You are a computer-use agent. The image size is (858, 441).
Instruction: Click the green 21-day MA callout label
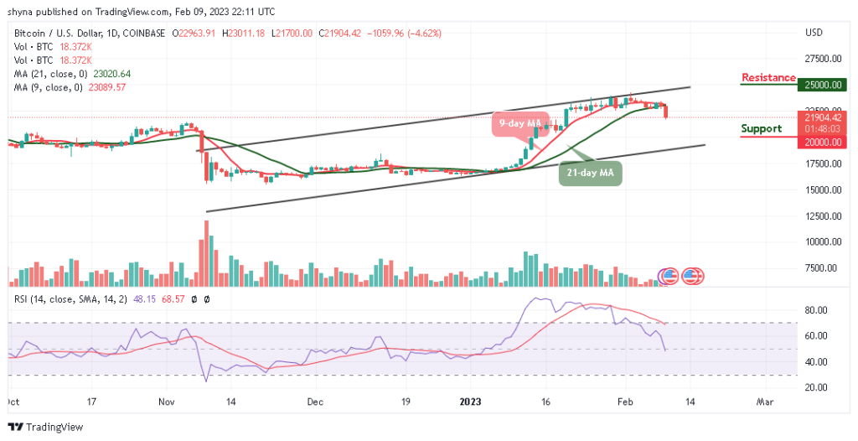pyautogui.click(x=591, y=173)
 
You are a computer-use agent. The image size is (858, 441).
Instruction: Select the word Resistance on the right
pyautogui.click(x=768, y=78)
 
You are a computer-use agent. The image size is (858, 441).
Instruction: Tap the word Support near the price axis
pyautogui.click(x=762, y=128)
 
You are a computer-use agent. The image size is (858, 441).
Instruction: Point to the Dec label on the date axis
pyautogui.click(x=314, y=402)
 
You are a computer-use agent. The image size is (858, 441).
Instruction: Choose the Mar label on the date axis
pyautogui.click(x=764, y=402)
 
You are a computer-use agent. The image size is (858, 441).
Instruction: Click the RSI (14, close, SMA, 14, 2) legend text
pyautogui.click(x=67, y=299)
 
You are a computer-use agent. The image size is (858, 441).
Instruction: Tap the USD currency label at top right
pyautogui.click(x=815, y=33)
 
